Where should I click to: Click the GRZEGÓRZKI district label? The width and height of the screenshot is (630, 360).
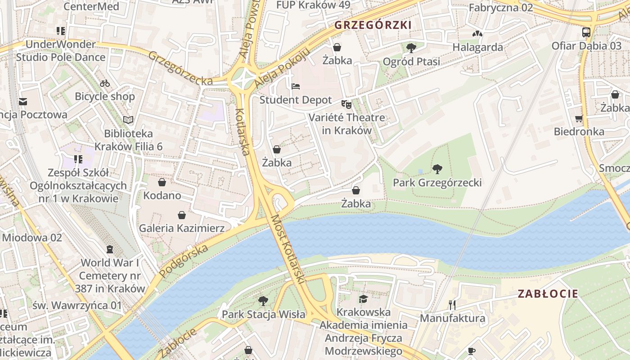pyautogui.click(x=373, y=25)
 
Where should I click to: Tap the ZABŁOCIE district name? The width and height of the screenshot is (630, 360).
pyautogui.click(x=548, y=294)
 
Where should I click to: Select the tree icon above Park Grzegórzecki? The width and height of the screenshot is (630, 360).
pyautogui.click(x=436, y=169)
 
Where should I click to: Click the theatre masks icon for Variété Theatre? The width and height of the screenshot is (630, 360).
pyautogui.click(x=346, y=104)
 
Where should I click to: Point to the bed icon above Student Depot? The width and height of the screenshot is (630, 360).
pyautogui.click(x=295, y=86)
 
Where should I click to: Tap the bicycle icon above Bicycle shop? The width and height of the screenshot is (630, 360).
pyautogui.click(x=105, y=83)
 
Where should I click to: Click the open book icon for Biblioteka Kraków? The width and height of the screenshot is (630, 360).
pyautogui.click(x=128, y=120)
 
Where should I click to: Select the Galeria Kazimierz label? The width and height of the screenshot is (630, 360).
pyautogui.click(x=181, y=228)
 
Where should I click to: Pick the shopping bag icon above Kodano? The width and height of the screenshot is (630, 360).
pyautogui.click(x=162, y=182)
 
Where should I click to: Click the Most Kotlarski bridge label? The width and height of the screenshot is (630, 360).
pyautogui.click(x=287, y=249)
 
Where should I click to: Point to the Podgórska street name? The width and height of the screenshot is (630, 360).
pyautogui.click(x=184, y=261)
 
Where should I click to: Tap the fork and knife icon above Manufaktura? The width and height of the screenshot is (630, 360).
pyautogui.click(x=452, y=305)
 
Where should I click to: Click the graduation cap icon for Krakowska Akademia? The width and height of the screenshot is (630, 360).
pyautogui.click(x=363, y=299)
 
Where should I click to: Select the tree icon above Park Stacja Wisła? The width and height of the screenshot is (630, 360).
pyautogui.click(x=263, y=301)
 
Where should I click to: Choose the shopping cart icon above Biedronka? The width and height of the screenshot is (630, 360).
pyautogui.click(x=579, y=119)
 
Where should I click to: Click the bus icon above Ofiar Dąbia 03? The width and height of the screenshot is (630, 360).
pyautogui.click(x=586, y=32)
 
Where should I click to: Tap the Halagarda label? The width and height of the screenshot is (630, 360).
pyautogui.click(x=477, y=47)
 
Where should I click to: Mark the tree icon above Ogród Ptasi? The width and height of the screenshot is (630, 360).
pyautogui.click(x=411, y=48)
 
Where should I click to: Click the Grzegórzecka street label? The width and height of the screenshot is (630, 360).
pyautogui.click(x=180, y=68)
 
